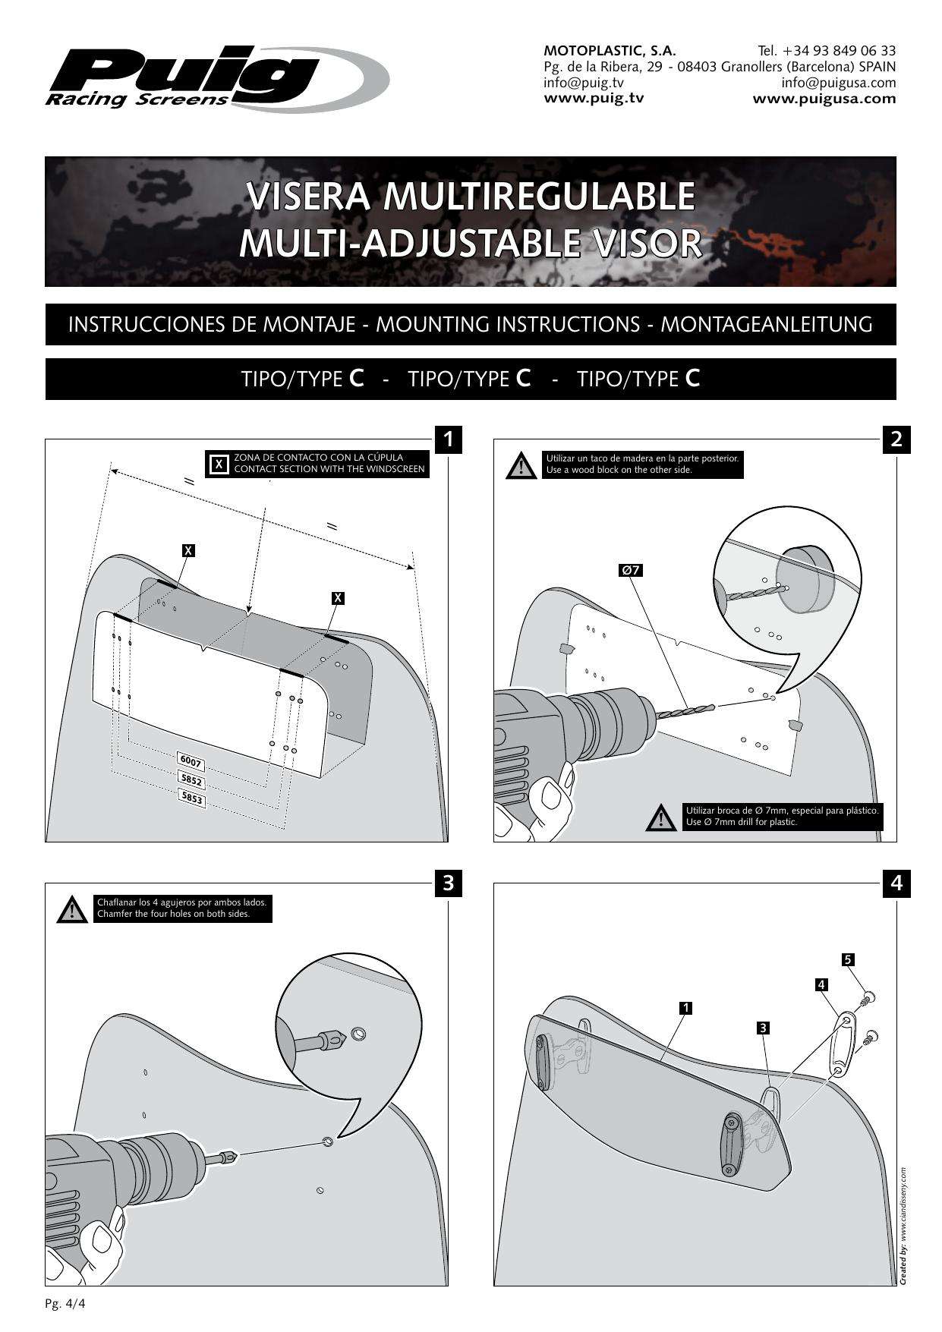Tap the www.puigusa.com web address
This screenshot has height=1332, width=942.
(x=824, y=99)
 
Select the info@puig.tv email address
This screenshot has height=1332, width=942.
(x=584, y=83)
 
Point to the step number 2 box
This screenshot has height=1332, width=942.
(x=896, y=439)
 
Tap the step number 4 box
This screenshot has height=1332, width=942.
(x=896, y=883)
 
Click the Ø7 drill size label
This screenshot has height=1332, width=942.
(x=631, y=569)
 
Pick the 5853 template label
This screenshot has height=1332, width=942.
(x=191, y=798)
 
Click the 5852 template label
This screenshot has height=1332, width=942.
(x=191, y=779)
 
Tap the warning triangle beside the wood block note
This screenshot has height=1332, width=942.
(x=521, y=465)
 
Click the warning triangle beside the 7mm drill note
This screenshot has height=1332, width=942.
(x=661, y=817)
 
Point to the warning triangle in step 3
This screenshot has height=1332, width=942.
(x=72, y=909)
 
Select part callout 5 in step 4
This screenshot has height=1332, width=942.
(x=849, y=959)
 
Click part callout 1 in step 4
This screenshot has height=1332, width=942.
(x=685, y=1008)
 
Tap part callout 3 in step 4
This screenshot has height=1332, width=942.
(x=764, y=1028)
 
